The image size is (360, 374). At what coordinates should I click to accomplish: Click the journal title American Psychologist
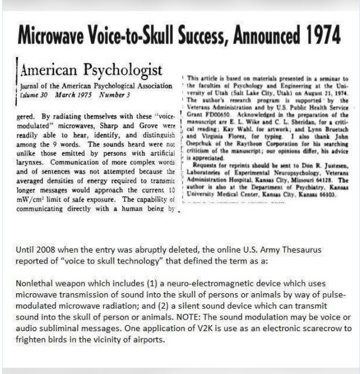[91, 70]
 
